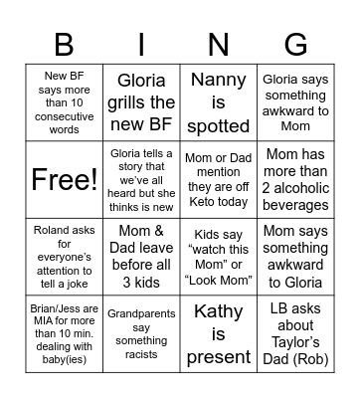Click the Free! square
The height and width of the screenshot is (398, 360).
point(64,179)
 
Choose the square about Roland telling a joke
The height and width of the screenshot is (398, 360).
point(64,257)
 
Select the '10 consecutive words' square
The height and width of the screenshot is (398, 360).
point(64,101)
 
